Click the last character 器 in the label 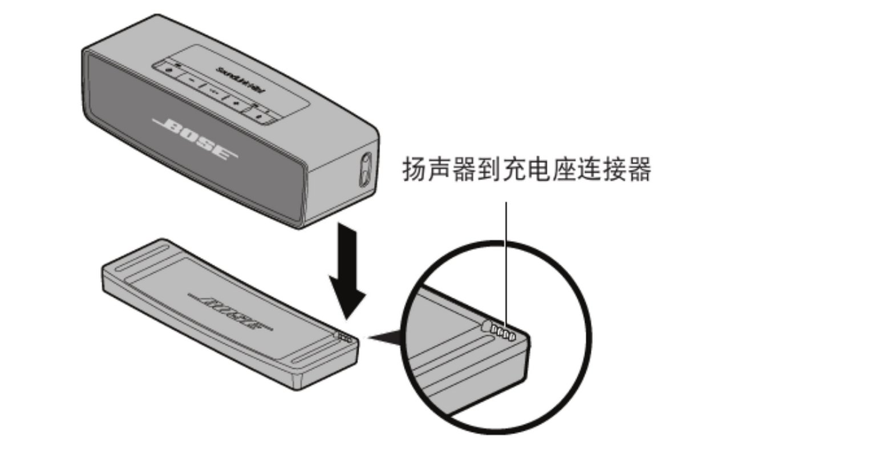pyautogui.click(x=639, y=169)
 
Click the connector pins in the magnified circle pyautogui.click(x=504, y=333)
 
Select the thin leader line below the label pyautogui.click(x=505, y=257)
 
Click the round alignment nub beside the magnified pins pyautogui.click(x=487, y=326)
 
